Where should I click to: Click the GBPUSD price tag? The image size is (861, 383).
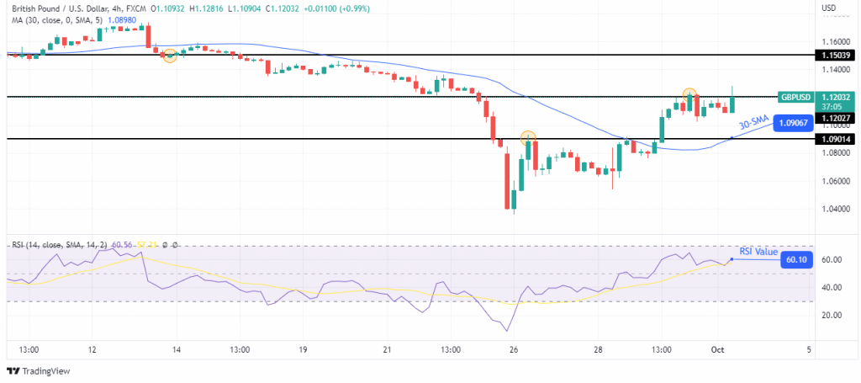pos(795,97)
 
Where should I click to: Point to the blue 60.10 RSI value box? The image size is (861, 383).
pos(795,260)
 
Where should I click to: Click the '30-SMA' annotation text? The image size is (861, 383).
pos(755,123)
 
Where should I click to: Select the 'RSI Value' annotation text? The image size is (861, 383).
pos(758,251)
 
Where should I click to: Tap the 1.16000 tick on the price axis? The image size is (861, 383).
pos(834,40)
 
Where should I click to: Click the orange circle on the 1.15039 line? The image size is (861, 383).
pos(170,56)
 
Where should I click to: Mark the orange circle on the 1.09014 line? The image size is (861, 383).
pos(528,137)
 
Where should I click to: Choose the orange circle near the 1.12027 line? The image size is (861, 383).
pos(689,94)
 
